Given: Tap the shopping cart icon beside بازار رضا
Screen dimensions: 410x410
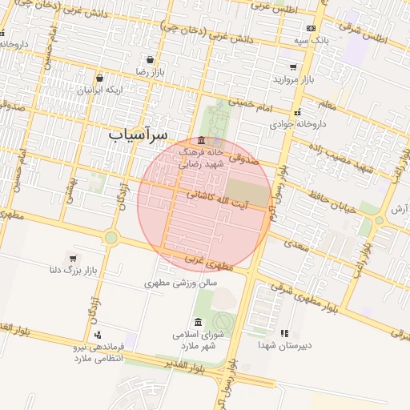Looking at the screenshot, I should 151,59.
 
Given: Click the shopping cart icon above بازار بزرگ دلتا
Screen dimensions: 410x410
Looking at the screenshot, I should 74,258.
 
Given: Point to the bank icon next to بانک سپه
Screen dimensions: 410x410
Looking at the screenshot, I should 311,28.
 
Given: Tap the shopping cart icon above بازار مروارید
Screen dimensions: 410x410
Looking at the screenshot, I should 293,67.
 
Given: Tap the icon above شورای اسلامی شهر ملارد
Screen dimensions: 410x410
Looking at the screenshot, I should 198,322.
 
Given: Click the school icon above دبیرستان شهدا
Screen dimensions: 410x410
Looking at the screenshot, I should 283,333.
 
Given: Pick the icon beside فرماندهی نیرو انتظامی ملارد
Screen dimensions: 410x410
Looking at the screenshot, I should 98,335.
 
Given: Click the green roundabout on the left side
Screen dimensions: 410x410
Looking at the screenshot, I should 111,237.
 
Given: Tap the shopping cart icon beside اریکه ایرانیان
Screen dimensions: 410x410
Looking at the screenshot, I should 99,78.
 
